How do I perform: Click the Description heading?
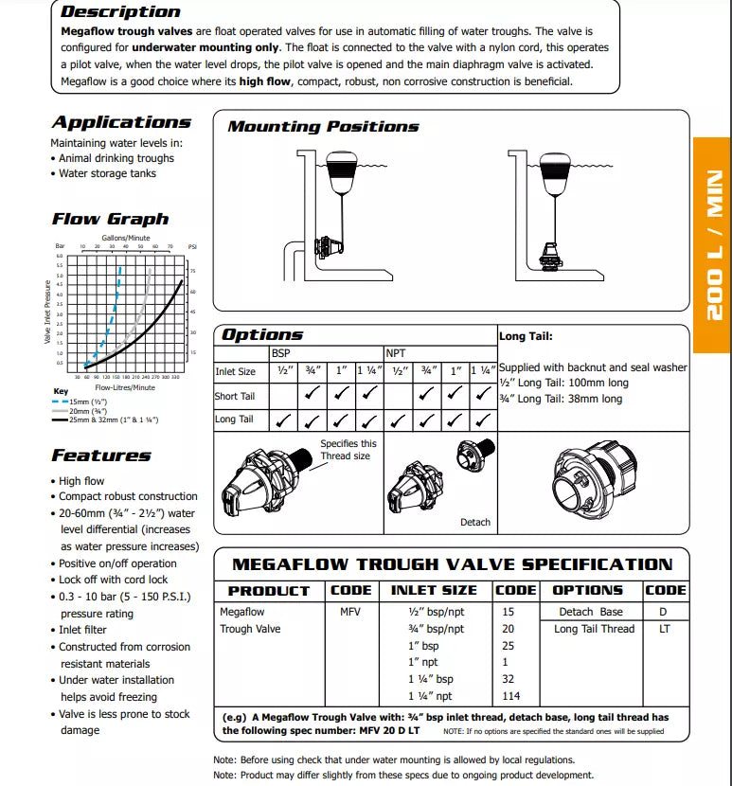coord(120,12)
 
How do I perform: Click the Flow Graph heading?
coord(110,219)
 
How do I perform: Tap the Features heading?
coord(101,456)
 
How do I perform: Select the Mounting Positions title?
coord(323,126)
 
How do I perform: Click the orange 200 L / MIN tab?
coord(712,245)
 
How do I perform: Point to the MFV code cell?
coord(350,612)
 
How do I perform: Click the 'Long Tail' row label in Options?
coord(234,419)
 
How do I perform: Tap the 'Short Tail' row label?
coord(235,396)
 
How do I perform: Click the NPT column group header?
coord(395,352)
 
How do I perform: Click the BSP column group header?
coord(281,352)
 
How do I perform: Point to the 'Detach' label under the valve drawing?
coord(475,522)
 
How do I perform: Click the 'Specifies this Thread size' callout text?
coord(348,449)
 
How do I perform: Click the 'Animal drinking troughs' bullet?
coord(116,158)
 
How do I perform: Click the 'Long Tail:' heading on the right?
coord(526,336)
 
